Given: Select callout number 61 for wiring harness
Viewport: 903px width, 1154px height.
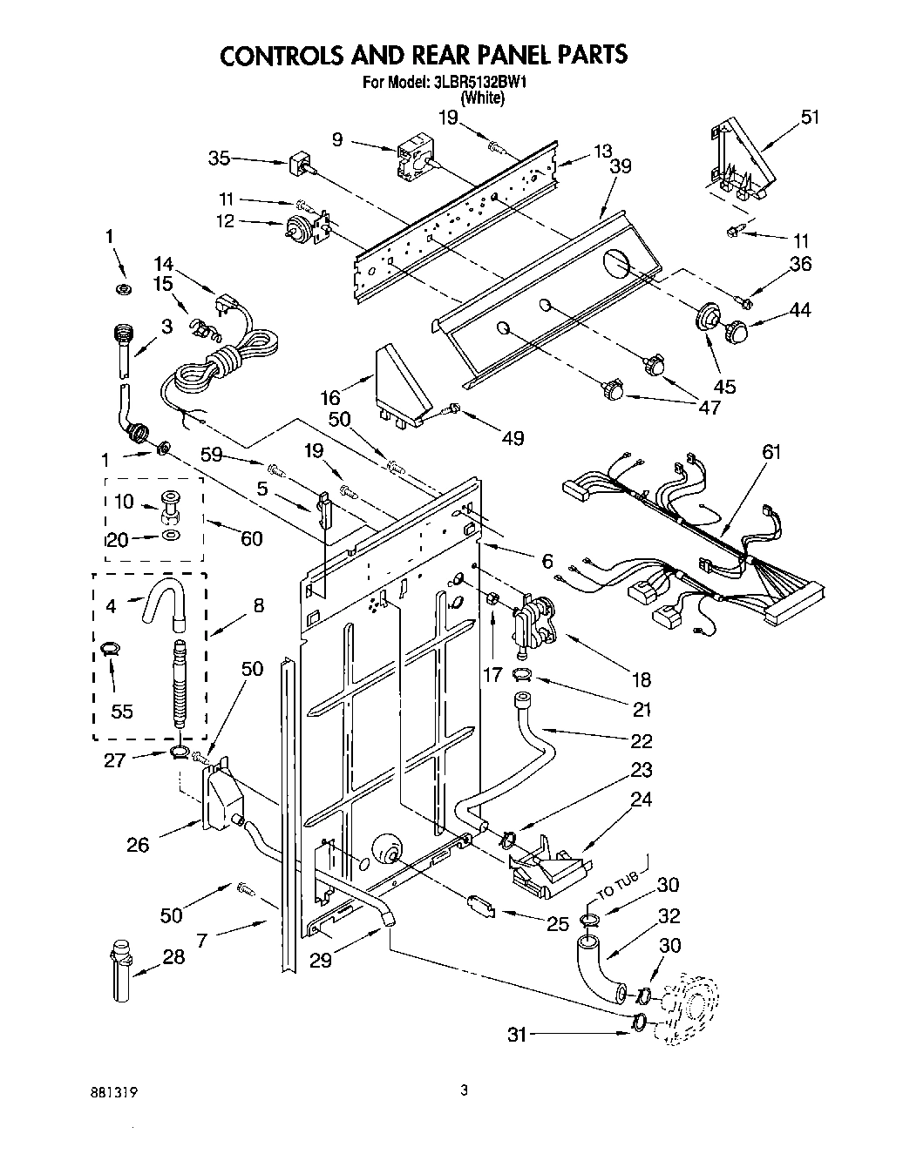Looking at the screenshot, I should [771, 452].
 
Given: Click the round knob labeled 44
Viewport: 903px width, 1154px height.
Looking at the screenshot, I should [737, 331].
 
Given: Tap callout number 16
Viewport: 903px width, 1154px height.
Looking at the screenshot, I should [330, 398].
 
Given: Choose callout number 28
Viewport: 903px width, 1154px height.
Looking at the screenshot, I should [174, 957].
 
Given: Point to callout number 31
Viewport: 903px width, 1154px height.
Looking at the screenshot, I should [517, 1035].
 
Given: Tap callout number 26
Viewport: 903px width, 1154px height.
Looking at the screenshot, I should [137, 844].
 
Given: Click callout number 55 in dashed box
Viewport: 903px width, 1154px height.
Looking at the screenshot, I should [122, 711].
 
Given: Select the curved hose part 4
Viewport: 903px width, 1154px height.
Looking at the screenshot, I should [164, 605].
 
